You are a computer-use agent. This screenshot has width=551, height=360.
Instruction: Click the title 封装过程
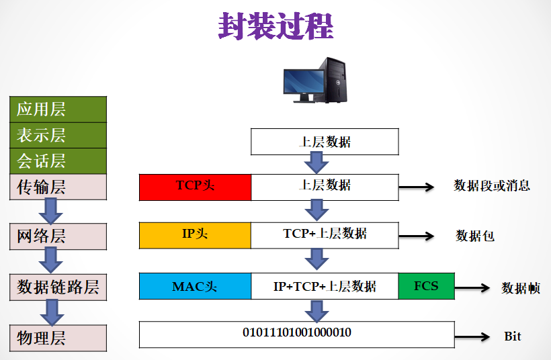click(275, 26)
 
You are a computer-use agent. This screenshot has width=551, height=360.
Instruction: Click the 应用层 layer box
click(58, 109)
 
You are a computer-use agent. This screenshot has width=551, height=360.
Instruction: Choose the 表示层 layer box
click(58, 135)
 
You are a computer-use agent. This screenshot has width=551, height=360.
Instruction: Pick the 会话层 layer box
click(58, 161)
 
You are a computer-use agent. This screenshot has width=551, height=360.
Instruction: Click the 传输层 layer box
click(58, 187)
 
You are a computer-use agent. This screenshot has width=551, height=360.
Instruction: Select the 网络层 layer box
click(58, 236)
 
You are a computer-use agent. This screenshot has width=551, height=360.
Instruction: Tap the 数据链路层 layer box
click(58, 287)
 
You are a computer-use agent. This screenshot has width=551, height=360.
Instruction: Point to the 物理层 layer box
click(58, 338)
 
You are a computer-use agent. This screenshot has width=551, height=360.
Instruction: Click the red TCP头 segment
click(195, 187)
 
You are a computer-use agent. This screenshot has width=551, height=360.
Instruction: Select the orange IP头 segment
click(195, 234)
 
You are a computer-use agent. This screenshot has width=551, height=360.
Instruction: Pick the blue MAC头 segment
click(195, 286)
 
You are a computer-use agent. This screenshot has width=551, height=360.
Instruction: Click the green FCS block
click(426, 286)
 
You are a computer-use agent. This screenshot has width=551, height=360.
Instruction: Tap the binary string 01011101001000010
click(296, 333)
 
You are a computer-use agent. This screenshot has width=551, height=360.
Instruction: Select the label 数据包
click(474, 236)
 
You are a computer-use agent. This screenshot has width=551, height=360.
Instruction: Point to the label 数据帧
click(520, 288)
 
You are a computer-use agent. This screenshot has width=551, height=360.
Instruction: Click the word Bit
click(512, 336)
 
